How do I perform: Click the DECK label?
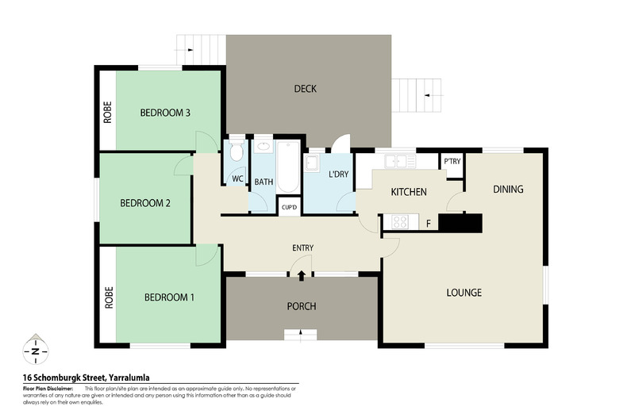pyautogui.click(x=305, y=89)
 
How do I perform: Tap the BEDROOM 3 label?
pyautogui.click(x=165, y=113)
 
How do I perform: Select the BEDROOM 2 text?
pyautogui.click(x=145, y=203)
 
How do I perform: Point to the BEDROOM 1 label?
pyautogui.click(x=169, y=297)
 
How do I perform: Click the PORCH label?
pyautogui.click(x=302, y=306)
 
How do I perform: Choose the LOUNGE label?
pyautogui.click(x=464, y=293)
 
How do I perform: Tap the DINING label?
pyautogui.click(x=508, y=189)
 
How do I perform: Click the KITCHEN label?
pyautogui.click(x=409, y=192)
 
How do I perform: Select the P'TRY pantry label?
pyautogui.click(x=452, y=161)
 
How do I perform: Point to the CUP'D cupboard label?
pyautogui.click(x=290, y=208)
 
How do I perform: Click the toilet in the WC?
pyautogui.click(x=237, y=152)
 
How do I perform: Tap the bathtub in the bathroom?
pyautogui.click(x=287, y=166)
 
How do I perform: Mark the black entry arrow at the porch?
pyautogui.click(x=302, y=275)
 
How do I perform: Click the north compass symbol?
pyautogui.click(x=36, y=350)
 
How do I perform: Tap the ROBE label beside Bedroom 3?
pyautogui.click(x=107, y=113)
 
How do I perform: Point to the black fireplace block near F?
pyautogui.click(x=460, y=223)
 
